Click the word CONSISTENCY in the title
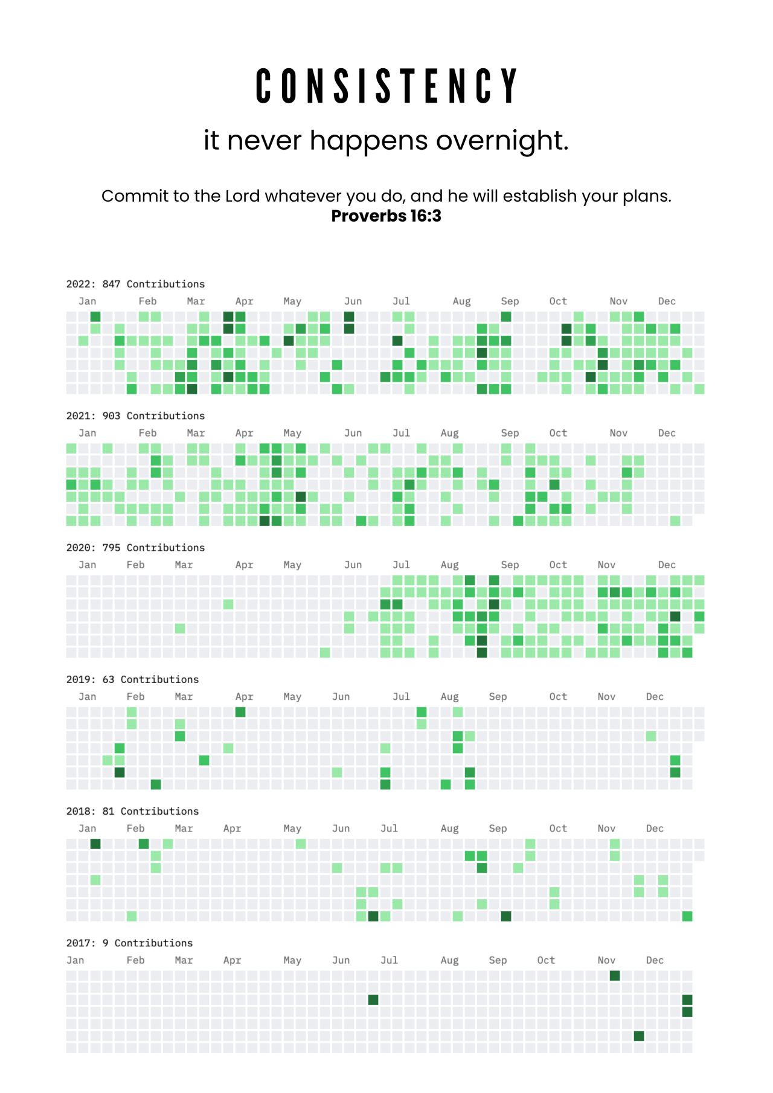point(386,86)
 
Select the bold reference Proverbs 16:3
point(386,216)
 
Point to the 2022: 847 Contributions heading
point(135,284)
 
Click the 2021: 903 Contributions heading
point(135,415)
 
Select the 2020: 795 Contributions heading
point(135,548)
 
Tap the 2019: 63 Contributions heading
point(132,679)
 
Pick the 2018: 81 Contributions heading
point(132,811)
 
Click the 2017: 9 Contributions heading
point(129,943)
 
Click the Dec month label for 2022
point(667,301)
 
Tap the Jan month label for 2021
point(87,433)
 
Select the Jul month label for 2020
point(401,565)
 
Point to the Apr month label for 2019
point(244,696)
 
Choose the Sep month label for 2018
point(498,829)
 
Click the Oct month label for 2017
point(546,960)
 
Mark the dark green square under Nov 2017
point(615,976)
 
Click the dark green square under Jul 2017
point(373,1000)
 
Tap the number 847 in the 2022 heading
point(111,284)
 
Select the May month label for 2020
point(292,565)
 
